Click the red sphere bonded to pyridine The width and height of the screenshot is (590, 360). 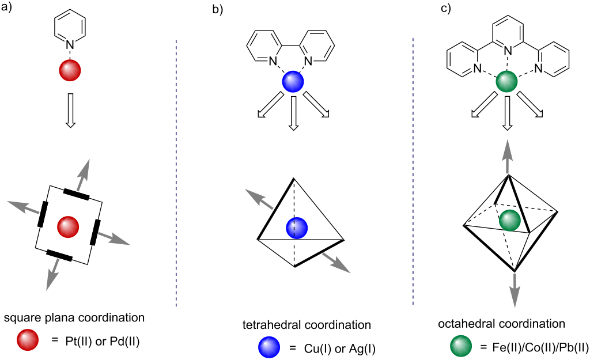pos(70,71)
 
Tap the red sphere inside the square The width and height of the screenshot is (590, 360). pos(69,226)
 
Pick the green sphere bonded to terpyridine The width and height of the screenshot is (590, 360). pos(506,81)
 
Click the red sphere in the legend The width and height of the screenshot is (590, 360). pos(28,340)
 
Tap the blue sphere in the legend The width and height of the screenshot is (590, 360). pos(269,347)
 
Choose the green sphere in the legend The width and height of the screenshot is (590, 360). pos(460,347)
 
